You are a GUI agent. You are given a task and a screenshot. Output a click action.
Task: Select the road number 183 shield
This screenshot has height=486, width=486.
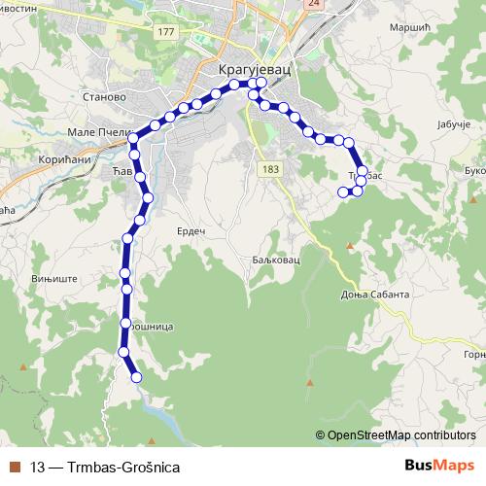[x=269, y=169]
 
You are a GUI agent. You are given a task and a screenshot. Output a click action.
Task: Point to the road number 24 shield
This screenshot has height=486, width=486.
[x=312, y=4]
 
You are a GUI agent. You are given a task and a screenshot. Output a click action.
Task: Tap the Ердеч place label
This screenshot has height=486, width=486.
[x=191, y=230]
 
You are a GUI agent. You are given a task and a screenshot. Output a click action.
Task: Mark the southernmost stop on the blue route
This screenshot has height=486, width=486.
[x=136, y=377]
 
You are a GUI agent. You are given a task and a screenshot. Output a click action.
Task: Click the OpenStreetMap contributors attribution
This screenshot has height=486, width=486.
[x=400, y=434]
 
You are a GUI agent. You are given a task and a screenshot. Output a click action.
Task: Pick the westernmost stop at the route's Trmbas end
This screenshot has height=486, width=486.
[x=342, y=192]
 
